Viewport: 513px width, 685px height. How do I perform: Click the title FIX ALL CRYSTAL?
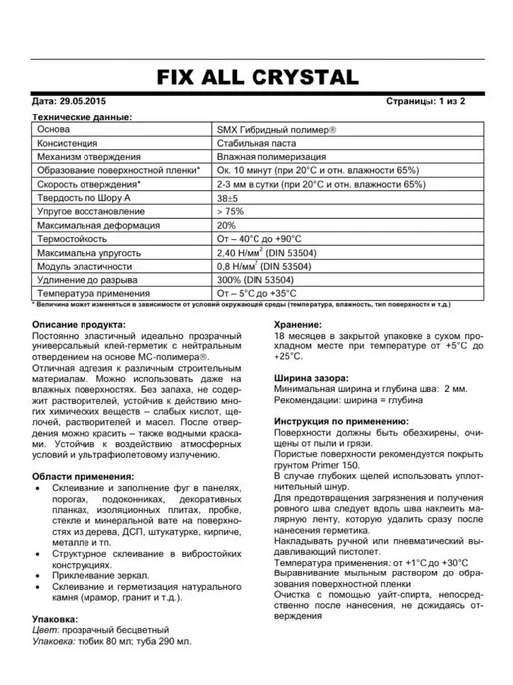(256, 77)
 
